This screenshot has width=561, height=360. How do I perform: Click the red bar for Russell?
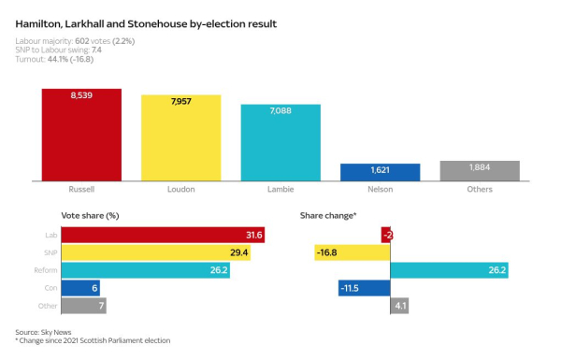tap(81, 135)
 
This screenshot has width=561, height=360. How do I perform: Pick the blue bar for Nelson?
tap(380, 172)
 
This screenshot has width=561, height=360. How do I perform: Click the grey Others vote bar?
tap(480, 170)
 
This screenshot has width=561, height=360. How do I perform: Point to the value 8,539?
tap(81, 96)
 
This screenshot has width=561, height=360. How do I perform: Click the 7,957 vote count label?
tap(180, 102)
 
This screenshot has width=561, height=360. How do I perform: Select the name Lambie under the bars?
tap(280, 190)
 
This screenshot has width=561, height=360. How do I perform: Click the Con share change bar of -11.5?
tap(364, 288)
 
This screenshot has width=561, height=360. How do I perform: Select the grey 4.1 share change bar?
tap(398, 306)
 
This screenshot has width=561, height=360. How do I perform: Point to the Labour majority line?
tap(76, 40)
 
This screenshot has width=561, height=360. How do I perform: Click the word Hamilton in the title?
tap(40, 22)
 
